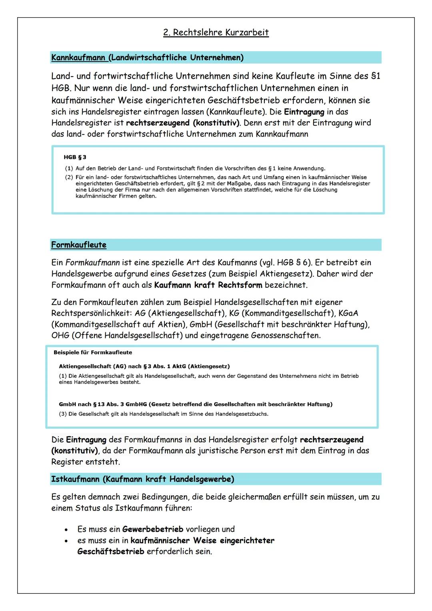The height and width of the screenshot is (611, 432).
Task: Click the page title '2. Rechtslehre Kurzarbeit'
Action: point(216,32)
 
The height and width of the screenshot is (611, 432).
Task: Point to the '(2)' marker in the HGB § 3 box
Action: point(69,177)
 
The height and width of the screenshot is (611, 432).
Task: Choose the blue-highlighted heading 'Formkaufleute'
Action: point(79,245)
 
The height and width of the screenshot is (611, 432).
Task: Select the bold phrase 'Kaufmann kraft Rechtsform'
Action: point(208,285)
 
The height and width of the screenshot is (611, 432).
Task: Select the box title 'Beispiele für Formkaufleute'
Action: point(93,353)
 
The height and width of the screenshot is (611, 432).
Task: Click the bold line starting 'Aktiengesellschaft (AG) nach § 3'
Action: point(144,367)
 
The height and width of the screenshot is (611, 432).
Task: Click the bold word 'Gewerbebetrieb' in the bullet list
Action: point(153,529)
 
